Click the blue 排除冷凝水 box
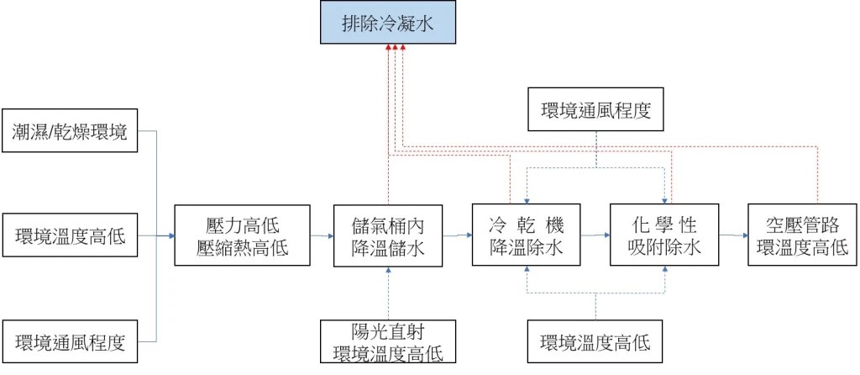click(x=387, y=24)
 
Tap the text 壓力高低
click(x=242, y=225)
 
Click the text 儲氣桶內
click(x=387, y=225)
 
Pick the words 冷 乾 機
click(x=526, y=225)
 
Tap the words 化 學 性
click(x=664, y=225)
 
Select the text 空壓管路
click(x=802, y=225)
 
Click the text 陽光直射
click(x=387, y=330)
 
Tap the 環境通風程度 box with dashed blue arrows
click(x=595, y=109)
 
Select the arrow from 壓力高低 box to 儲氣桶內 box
click(x=321, y=236)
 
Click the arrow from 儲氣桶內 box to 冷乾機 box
click(x=457, y=235)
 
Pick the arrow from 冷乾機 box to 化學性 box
click(x=595, y=235)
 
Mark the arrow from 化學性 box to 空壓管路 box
click(x=733, y=235)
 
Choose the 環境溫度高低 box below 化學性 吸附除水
click(x=595, y=342)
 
